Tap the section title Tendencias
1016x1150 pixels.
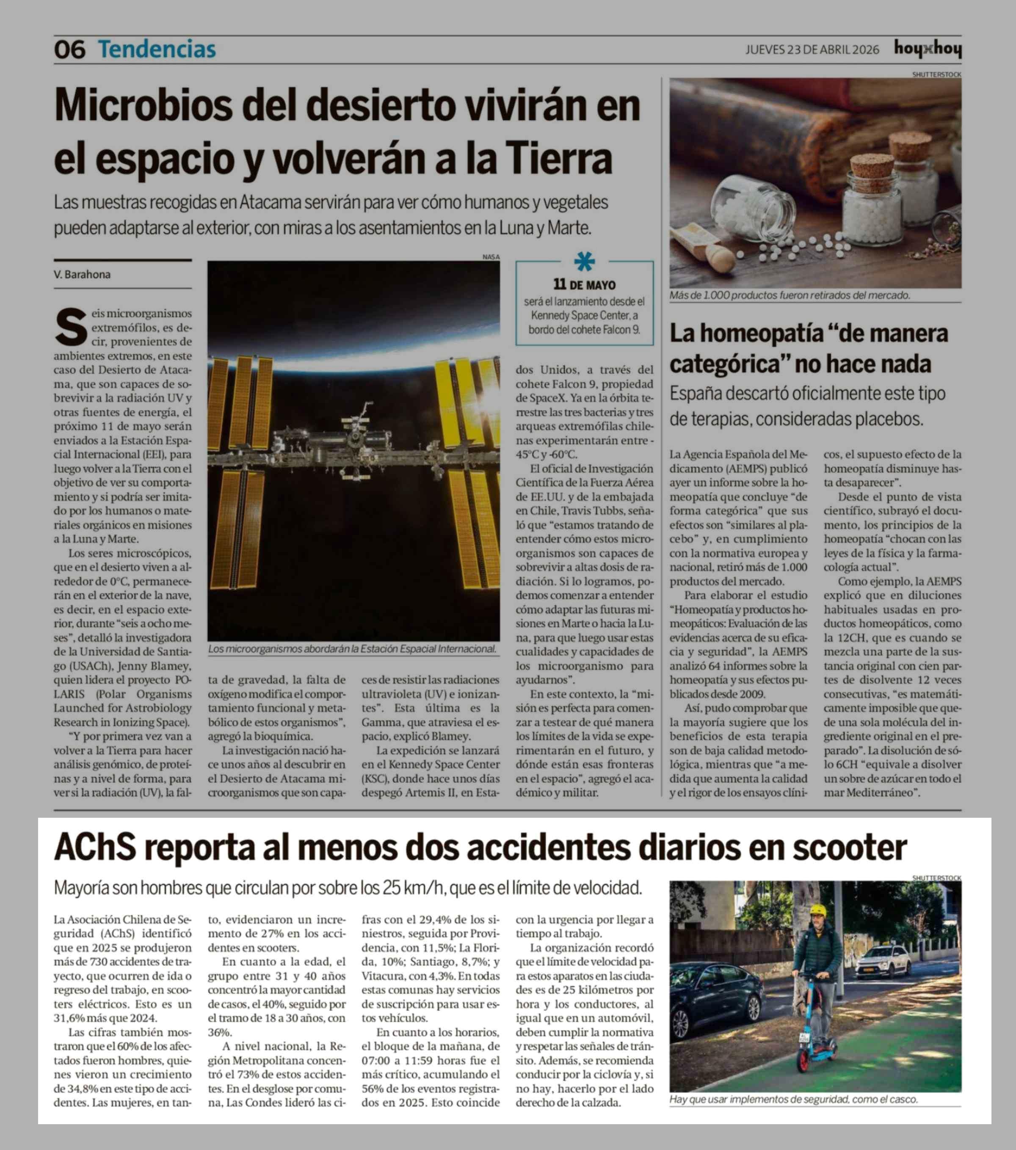(157, 50)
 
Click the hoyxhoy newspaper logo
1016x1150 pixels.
(927, 50)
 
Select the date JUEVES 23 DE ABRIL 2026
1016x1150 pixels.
(812, 50)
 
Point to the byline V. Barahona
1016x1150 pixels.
(82, 275)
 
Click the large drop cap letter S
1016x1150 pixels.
(70, 326)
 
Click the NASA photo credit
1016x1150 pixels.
(491, 256)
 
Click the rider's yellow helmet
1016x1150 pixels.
(817, 911)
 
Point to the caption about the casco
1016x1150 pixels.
(793, 1099)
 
